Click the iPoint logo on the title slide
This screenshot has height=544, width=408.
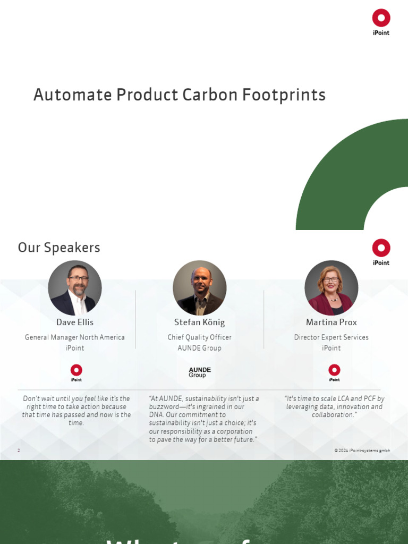click(381, 22)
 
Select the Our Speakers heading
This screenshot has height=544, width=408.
click(59, 248)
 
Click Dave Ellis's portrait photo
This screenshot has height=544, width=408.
click(75, 287)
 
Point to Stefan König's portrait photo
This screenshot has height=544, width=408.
click(200, 287)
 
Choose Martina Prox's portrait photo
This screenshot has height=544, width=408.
click(331, 287)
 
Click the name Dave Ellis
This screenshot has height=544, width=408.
click(75, 322)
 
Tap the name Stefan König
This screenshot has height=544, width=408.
click(200, 322)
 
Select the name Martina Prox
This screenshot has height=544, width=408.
click(331, 322)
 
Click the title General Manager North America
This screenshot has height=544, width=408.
click(75, 337)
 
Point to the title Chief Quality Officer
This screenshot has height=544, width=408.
click(200, 337)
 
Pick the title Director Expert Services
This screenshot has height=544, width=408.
click(331, 337)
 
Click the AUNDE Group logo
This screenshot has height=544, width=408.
click(200, 372)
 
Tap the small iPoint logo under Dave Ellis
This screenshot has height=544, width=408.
click(76, 372)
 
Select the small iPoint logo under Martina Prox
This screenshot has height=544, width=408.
click(334, 372)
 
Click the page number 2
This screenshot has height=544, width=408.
click(19, 450)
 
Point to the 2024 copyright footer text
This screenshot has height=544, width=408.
click(362, 450)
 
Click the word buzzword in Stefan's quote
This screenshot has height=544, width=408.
click(166, 407)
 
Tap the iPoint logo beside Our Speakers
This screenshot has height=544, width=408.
click(381, 251)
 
